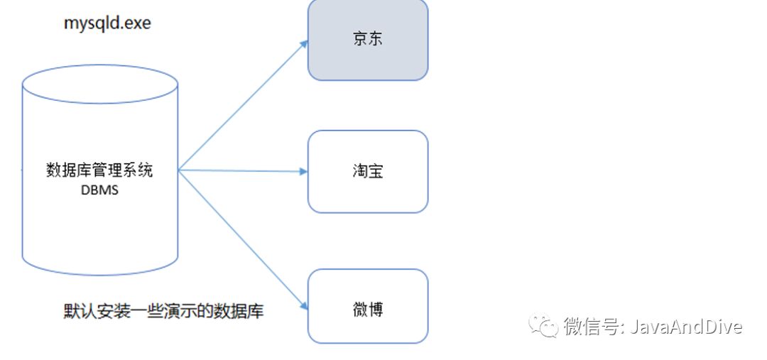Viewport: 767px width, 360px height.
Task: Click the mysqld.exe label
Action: [107, 23]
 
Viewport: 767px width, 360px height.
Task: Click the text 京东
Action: [368, 39]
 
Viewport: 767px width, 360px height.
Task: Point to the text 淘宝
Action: [368, 171]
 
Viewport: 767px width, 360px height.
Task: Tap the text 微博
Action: [368, 310]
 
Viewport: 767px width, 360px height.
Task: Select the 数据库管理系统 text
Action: [99, 171]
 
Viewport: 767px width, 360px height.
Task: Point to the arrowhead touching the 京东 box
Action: [304, 43]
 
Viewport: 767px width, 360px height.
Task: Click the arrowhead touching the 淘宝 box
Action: [303, 171]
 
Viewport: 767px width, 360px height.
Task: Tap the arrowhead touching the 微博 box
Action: [303, 306]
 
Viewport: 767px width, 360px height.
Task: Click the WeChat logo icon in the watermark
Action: [546, 327]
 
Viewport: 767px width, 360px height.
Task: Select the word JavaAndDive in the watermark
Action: [686, 327]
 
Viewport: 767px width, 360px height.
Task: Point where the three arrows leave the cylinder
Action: [178, 170]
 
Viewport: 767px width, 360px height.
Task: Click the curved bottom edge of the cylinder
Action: [100, 273]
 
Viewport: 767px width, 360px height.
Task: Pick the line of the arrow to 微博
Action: [241, 238]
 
